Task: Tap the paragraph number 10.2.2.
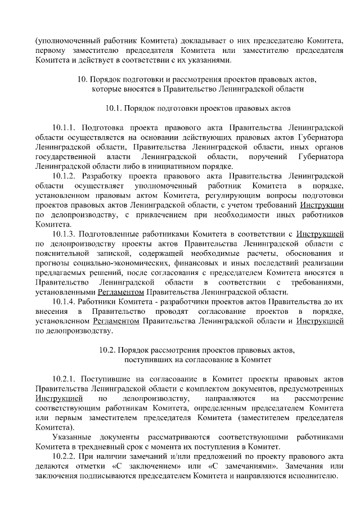point(64,456)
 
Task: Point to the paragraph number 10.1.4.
point(64,302)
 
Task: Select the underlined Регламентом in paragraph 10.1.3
point(121,292)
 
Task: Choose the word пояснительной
point(61,253)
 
